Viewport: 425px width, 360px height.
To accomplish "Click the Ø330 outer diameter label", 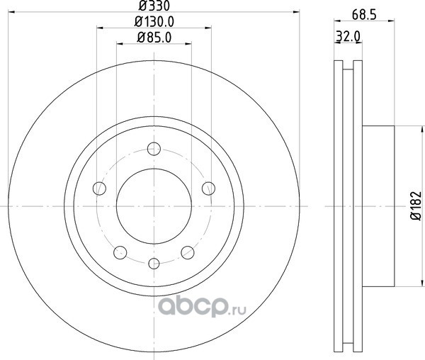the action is (x=154, y=6).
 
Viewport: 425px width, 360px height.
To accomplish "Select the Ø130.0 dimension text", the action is (x=154, y=22).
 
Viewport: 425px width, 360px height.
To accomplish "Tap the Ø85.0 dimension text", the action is (x=154, y=38).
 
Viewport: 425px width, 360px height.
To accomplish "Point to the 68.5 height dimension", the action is (x=364, y=15).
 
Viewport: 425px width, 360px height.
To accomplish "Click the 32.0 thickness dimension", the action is (x=348, y=36).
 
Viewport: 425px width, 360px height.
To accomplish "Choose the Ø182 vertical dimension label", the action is (x=416, y=206).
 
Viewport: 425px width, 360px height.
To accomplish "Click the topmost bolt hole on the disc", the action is (x=154, y=149).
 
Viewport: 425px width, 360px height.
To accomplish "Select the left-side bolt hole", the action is (x=99, y=188).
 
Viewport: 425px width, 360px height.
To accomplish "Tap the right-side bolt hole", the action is (x=208, y=189).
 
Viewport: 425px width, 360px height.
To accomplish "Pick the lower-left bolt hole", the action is (x=120, y=253).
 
